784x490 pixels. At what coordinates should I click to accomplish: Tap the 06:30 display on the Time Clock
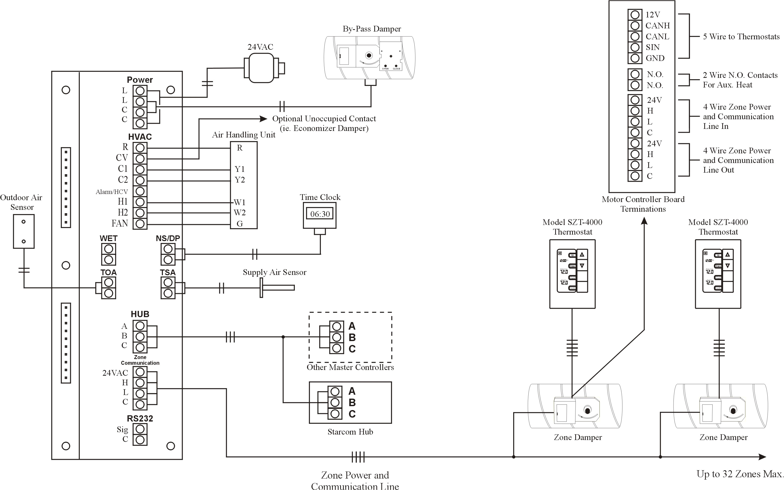point(320,214)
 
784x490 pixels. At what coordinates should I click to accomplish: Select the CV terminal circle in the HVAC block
point(140,159)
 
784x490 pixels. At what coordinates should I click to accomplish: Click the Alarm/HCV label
point(112,192)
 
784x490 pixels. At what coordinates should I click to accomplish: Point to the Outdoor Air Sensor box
point(23,231)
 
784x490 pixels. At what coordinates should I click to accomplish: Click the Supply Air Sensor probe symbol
point(277,287)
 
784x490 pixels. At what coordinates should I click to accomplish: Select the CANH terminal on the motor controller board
point(635,26)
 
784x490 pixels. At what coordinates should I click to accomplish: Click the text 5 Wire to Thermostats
point(741,37)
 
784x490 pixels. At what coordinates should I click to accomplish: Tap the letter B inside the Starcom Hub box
point(352,403)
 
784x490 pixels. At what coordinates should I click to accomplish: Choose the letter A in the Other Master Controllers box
point(352,326)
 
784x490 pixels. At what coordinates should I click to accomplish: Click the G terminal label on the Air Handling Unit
point(240,224)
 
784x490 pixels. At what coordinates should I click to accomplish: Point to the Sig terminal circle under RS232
point(140,429)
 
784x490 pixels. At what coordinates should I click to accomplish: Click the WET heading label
point(108,238)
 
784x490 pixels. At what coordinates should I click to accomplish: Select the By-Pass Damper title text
point(372,29)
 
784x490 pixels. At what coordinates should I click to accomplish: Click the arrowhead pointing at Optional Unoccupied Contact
point(264,119)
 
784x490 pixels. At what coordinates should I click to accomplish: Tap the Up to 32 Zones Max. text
point(740,474)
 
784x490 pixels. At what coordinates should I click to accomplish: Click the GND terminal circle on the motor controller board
point(635,58)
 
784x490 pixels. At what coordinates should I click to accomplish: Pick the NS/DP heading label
point(168,238)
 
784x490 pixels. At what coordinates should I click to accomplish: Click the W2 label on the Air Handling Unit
point(240,213)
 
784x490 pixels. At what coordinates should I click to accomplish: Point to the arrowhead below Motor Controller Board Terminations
point(644,221)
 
